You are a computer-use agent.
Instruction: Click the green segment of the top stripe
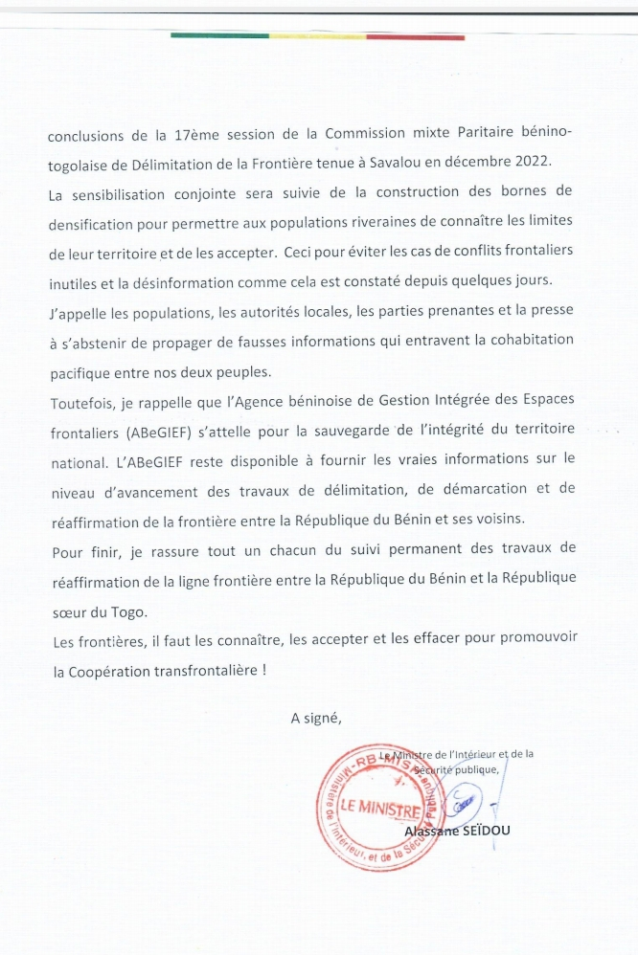coord(219,36)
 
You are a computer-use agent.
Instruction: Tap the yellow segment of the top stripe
coord(316,36)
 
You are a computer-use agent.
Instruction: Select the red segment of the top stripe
coord(416,36)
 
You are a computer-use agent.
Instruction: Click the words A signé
coord(316,718)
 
